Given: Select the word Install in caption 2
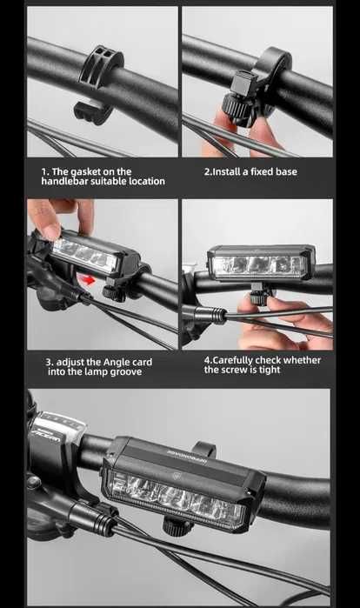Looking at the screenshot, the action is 227,171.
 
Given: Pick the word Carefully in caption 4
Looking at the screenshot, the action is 232,361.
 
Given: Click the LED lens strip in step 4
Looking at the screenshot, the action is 258,264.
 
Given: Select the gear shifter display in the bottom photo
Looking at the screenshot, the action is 58,428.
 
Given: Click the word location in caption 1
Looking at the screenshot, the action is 147,181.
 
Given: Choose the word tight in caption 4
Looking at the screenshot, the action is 270,370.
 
